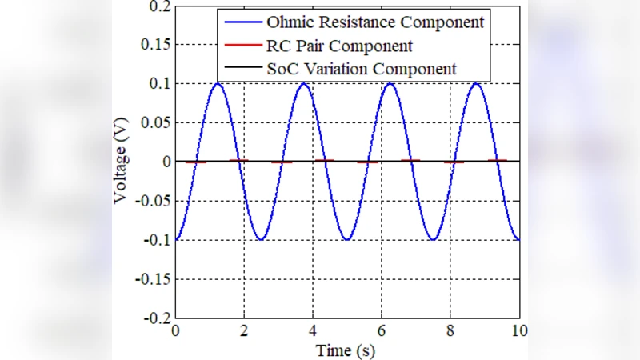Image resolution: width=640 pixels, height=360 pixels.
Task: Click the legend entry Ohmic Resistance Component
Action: (375, 22)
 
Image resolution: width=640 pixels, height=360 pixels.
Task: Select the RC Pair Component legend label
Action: (339, 46)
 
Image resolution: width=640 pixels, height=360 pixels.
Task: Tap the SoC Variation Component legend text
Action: (361, 69)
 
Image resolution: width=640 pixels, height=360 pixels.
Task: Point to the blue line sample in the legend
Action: (241, 22)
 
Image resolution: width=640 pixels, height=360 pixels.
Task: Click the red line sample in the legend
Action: (241, 46)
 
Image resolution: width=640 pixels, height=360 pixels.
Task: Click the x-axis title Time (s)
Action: (346, 350)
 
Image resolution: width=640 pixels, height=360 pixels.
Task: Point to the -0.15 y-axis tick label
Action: (152, 279)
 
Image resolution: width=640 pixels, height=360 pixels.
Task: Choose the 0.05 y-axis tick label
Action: (155, 123)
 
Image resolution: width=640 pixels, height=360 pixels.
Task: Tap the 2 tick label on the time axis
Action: (244, 331)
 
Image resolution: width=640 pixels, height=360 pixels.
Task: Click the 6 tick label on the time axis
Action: (382, 331)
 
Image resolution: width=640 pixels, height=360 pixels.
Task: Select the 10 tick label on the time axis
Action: (519, 331)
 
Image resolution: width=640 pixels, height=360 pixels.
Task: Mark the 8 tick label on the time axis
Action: (450, 331)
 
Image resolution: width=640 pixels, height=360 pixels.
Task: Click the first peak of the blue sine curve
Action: (218, 83)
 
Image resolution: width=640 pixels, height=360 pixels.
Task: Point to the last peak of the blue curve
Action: (476, 83)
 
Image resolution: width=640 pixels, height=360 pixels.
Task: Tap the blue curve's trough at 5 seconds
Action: (347, 239)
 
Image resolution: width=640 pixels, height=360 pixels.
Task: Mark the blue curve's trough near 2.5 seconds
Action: (261, 239)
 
